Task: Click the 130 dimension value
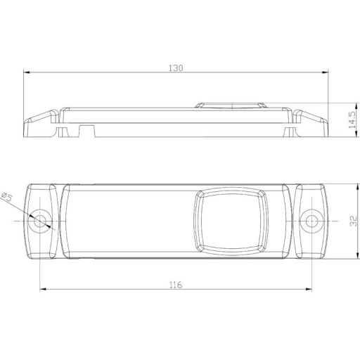[176, 68]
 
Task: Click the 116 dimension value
[176, 284]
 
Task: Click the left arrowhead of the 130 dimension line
[27, 72]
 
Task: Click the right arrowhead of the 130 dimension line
[328, 72]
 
